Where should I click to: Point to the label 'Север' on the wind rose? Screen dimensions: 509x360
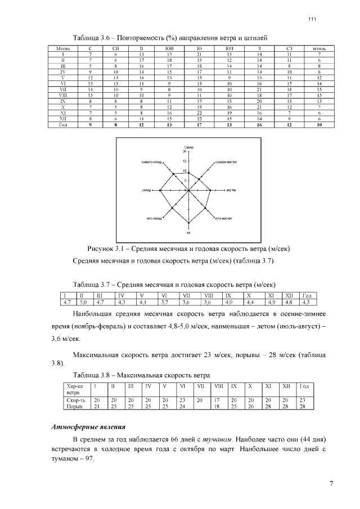(x=189, y=147)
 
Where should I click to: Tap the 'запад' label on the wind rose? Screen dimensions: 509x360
(x=146, y=191)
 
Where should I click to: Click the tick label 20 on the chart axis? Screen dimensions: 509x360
(x=184, y=152)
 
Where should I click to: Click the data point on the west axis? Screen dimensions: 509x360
(x=161, y=191)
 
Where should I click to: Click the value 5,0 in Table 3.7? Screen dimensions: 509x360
(x=82, y=302)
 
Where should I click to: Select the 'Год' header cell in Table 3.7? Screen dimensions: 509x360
(x=308, y=295)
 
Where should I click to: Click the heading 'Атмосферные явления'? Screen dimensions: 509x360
(x=88, y=427)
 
